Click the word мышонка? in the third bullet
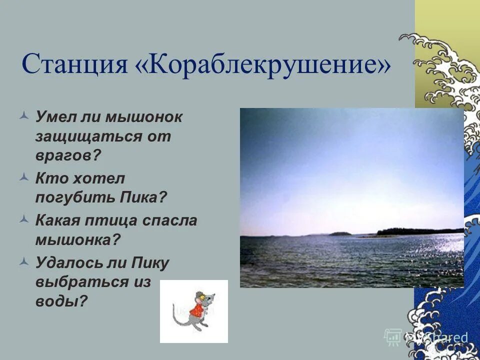[x=78, y=239]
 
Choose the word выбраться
[x=82, y=281]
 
